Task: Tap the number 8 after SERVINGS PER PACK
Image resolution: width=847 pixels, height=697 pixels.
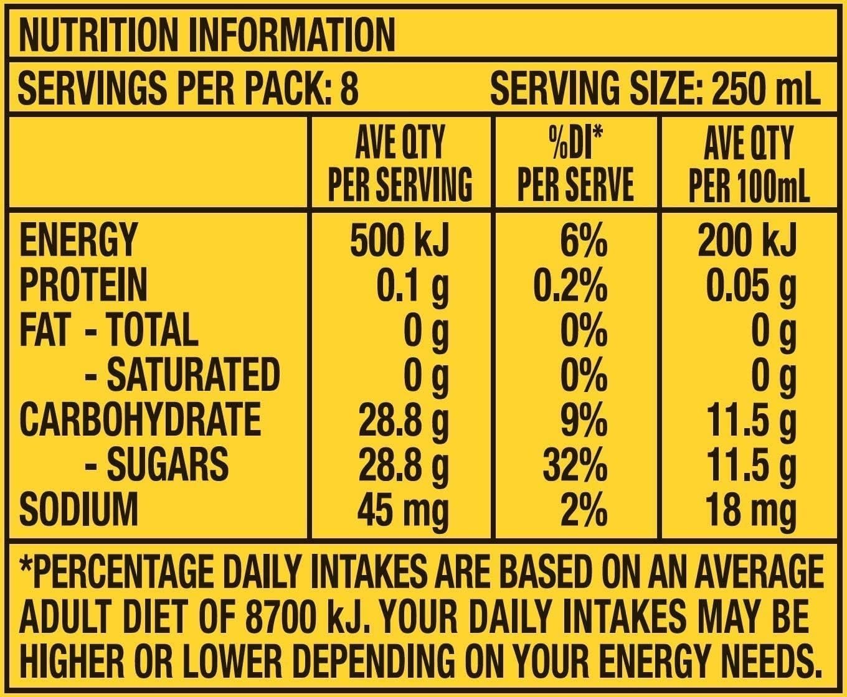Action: (350, 88)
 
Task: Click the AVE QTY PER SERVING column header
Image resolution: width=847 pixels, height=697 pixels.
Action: (399, 163)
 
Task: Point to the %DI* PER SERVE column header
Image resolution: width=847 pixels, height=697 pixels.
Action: (575, 163)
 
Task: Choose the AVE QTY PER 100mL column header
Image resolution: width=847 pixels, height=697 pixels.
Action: (748, 163)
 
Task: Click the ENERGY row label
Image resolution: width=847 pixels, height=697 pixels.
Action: (77, 239)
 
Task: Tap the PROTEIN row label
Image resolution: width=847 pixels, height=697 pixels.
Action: (83, 284)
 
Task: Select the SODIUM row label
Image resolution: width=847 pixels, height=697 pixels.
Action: (78, 509)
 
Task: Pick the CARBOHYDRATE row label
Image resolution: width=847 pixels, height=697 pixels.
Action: (140, 419)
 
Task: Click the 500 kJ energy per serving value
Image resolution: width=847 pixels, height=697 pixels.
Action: (399, 240)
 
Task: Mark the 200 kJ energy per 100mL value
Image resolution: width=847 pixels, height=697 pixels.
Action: (747, 240)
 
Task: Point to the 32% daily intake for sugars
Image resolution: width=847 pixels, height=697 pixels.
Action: (574, 464)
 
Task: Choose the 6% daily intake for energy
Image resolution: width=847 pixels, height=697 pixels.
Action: (583, 240)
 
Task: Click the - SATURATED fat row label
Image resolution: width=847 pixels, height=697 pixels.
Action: (182, 374)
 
